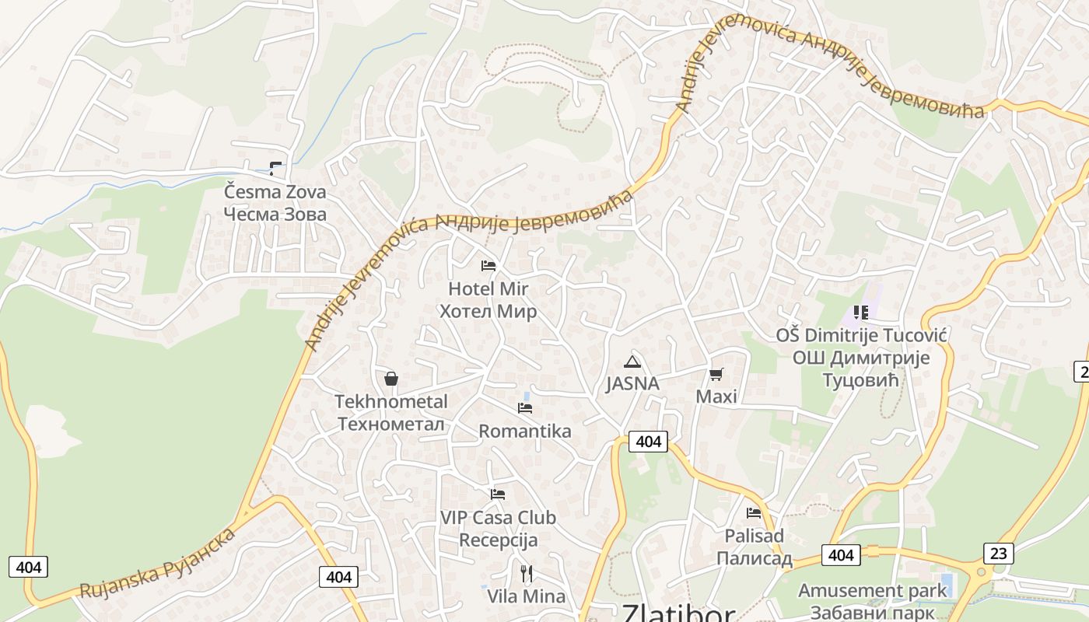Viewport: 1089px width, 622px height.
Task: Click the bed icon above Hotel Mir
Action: pyautogui.click(x=488, y=266)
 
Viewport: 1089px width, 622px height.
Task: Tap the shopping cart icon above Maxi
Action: pyautogui.click(x=716, y=375)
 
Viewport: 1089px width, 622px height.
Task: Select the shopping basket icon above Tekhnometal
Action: pyautogui.click(x=391, y=379)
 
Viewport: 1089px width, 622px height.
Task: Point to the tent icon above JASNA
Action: pyautogui.click(x=632, y=362)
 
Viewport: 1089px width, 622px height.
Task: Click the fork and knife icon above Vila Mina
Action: pyautogui.click(x=527, y=574)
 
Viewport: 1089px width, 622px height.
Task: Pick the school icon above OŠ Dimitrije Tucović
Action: pyautogui.click(x=860, y=313)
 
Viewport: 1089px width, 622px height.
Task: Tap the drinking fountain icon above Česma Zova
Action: pyautogui.click(x=275, y=168)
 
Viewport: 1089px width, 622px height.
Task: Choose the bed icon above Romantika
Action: pyautogui.click(x=525, y=408)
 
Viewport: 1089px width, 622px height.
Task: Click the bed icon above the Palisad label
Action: pyautogui.click(x=753, y=513)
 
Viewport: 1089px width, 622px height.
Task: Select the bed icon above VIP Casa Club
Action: pyautogui.click(x=498, y=494)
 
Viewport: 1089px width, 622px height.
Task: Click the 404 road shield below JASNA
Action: pyautogui.click(x=648, y=442)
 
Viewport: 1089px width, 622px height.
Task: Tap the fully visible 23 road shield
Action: pyautogui.click(x=998, y=554)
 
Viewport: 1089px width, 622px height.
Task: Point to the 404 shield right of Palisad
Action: pyautogui.click(x=840, y=555)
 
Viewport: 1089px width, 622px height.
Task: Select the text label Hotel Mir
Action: pyautogui.click(x=488, y=289)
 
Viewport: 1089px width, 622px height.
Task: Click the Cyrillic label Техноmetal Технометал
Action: pyautogui.click(x=391, y=425)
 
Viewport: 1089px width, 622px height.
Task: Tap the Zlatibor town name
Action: pyautogui.click(x=678, y=613)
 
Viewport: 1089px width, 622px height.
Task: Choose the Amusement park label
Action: pyautogui.click(x=873, y=590)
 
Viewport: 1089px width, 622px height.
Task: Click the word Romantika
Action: pyautogui.click(x=525, y=432)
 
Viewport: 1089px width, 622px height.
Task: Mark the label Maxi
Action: pyautogui.click(x=716, y=397)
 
